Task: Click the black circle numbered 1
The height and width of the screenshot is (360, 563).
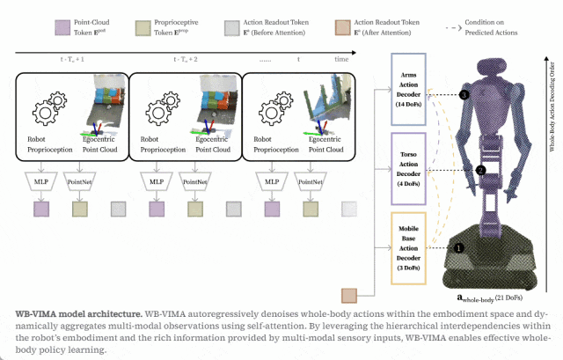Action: (x=457, y=248)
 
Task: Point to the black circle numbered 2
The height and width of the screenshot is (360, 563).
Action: (x=480, y=170)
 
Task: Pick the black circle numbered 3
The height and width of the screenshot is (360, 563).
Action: (x=464, y=94)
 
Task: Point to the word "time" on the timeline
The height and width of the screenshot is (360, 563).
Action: (x=340, y=59)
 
